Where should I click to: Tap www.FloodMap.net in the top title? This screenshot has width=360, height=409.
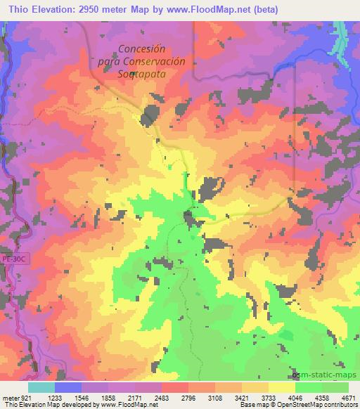217,9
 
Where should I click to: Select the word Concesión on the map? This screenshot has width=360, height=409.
141,49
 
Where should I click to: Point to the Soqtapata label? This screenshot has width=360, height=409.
142,72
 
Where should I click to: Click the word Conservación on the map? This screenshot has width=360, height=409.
153,60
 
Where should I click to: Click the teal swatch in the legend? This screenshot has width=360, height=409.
41,387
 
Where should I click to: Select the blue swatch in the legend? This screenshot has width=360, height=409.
68,387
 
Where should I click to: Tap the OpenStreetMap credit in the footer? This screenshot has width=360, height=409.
326,405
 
